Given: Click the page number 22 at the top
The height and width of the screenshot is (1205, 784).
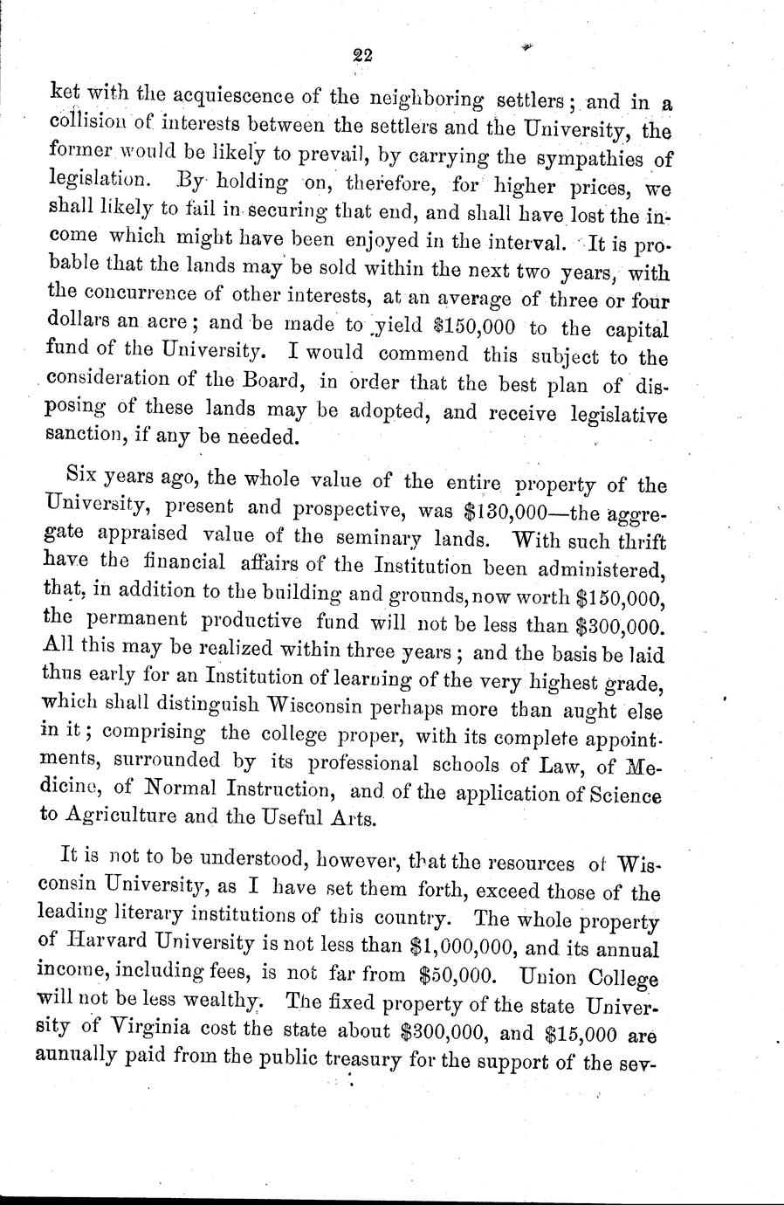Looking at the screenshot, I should point(363,55).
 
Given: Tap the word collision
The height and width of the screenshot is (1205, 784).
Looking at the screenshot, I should point(85,123).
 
